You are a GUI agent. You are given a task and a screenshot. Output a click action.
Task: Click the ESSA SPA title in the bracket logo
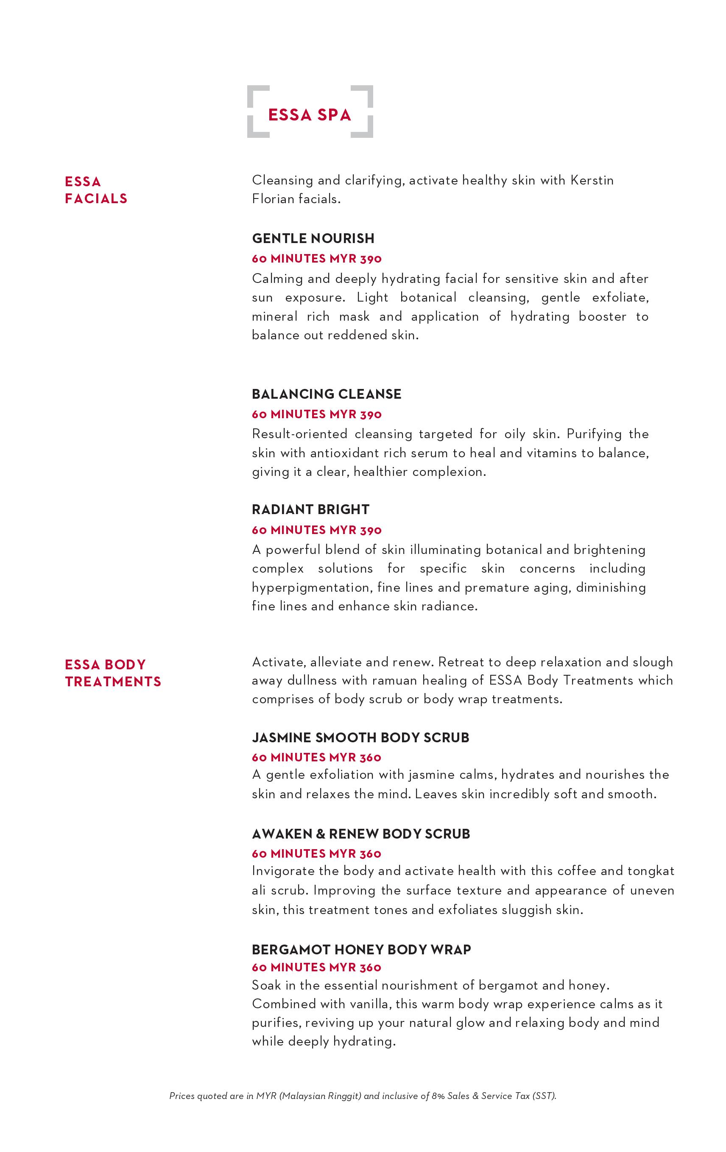point(310,115)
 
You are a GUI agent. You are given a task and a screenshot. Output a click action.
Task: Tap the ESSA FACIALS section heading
point(96,190)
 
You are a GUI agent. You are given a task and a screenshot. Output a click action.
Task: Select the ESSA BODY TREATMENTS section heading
point(113,673)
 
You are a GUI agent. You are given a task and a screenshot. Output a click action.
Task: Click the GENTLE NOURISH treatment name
point(313,238)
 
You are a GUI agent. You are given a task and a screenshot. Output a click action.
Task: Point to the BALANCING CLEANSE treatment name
point(326,394)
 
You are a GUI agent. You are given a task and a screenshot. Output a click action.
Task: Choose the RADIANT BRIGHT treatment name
point(310,509)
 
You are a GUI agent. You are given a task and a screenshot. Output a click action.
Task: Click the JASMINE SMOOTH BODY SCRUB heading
point(360,737)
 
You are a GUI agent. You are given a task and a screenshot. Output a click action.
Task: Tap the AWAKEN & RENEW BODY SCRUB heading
point(360,834)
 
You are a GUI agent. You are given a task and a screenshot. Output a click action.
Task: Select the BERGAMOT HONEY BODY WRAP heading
point(361,949)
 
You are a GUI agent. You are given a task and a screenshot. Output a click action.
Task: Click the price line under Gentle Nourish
point(317,259)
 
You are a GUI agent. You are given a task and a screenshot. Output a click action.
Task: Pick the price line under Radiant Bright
point(317,530)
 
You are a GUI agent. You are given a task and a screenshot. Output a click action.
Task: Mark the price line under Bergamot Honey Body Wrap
point(317,967)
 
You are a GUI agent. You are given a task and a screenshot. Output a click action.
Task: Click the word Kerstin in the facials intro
point(592,180)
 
